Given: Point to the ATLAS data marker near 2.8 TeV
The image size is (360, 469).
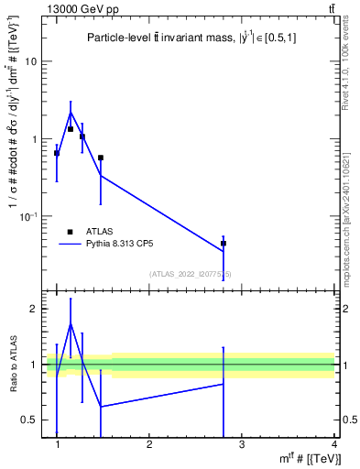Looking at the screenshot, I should click(x=224, y=244).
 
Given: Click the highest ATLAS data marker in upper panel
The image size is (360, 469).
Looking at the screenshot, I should click(x=71, y=129).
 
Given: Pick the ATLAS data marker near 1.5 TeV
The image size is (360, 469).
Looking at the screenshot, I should click(x=101, y=158).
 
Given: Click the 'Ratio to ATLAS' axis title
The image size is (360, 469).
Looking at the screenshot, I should click(x=13, y=365).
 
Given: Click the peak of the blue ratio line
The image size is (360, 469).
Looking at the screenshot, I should click(x=71, y=323).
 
